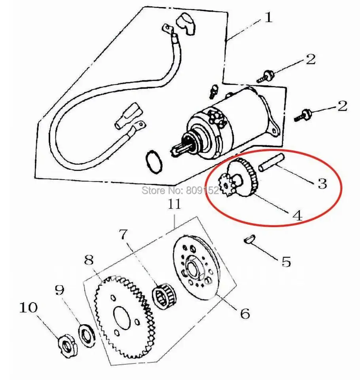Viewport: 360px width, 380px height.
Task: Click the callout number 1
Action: coord(268,18)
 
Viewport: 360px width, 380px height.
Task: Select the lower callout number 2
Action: coord(342,106)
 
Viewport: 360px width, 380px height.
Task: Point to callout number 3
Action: coord(322,183)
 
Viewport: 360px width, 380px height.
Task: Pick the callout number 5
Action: coord(286,261)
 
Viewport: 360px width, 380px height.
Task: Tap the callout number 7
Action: coord(124,235)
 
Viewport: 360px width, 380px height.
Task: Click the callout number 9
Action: coord(59,291)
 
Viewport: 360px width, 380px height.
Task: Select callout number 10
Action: coord(28,307)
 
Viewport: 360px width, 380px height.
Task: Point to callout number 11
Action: coord(174,204)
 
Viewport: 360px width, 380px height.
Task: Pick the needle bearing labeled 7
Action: coord(164,296)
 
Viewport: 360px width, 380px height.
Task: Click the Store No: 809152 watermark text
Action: coord(180,190)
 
